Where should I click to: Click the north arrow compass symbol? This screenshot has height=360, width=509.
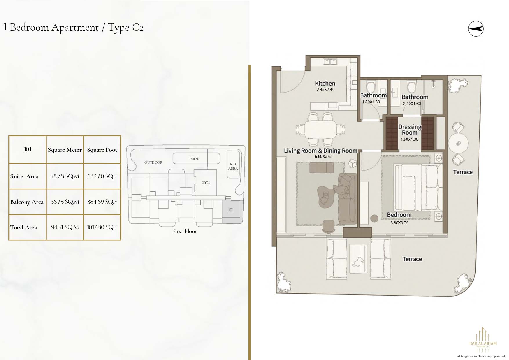[476, 29]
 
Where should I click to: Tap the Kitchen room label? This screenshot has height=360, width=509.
[325, 83]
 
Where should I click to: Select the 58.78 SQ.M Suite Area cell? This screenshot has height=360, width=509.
[65, 176]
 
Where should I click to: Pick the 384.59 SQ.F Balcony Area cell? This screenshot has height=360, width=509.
[102, 202]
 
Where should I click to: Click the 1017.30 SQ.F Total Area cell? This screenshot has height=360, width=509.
[102, 227]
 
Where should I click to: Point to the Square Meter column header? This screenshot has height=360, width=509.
[65, 150]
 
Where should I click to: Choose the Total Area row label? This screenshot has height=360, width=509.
[23, 227]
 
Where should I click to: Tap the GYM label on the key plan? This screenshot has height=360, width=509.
[206, 182]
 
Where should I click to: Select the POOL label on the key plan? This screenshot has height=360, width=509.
[194, 159]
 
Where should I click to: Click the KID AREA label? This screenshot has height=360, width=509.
[233, 166]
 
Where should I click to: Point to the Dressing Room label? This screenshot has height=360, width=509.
[410, 130]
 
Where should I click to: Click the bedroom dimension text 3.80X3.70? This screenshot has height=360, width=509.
[399, 223]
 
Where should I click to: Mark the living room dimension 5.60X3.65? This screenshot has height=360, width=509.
[324, 156]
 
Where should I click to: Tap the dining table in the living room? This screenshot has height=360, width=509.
[320, 129]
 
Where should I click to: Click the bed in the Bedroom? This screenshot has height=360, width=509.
[418, 187]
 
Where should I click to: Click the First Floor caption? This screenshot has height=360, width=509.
[184, 231]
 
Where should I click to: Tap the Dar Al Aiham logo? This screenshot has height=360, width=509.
[483, 340]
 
